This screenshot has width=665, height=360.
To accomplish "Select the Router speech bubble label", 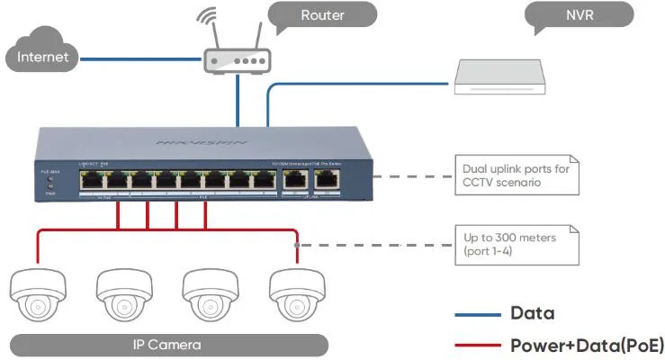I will pyautogui.click(x=322, y=15).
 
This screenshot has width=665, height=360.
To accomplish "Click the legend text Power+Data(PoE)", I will pyautogui.click(x=587, y=344).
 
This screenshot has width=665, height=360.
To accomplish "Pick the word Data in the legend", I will pyautogui.click(x=533, y=314).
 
